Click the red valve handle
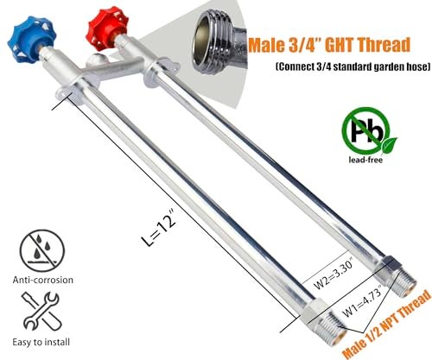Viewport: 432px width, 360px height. click(x=106, y=28)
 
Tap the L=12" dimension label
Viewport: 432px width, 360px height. click(x=159, y=231)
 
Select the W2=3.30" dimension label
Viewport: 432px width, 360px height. click(x=334, y=275)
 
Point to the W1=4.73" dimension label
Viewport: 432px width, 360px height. click(x=362, y=300)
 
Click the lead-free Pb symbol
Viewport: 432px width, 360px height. click(x=366, y=131)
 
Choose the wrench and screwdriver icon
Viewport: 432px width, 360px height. click(x=41, y=312)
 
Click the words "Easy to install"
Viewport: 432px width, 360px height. click(x=41, y=342)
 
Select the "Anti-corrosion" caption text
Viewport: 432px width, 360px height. click(x=43, y=280)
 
